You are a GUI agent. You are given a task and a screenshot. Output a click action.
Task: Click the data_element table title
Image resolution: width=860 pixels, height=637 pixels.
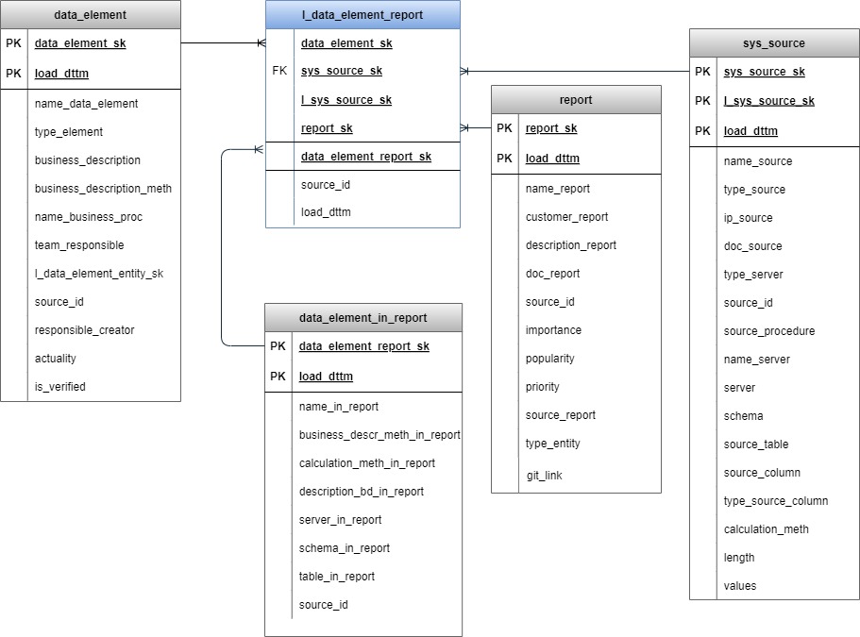click(x=90, y=15)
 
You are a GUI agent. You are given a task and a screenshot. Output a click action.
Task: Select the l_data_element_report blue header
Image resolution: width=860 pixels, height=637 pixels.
click(x=363, y=15)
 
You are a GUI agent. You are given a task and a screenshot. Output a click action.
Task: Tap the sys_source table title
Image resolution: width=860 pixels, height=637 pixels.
click(x=774, y=43)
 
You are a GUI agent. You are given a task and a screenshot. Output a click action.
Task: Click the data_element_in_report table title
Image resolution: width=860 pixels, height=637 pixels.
click(x=363, y=318)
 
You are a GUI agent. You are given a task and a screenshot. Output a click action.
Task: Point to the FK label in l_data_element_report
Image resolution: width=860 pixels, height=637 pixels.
click(x=279, y=71)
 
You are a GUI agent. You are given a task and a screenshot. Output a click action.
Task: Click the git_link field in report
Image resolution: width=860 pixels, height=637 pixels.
click(x=544, y=476)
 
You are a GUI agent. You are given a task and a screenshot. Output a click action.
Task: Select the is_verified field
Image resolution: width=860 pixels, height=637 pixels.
click(x=59, y=387)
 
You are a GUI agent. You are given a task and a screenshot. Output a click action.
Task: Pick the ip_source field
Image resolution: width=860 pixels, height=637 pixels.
click(x=748, y=218)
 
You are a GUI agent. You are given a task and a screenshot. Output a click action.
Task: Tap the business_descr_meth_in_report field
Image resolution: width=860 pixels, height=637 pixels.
click(x=379, y=435)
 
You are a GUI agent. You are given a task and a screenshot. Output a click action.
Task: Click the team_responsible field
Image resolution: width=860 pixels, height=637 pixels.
click(x=79, y=245)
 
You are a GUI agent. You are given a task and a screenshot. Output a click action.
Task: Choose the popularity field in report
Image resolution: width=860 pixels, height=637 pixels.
click(x=549, y=359)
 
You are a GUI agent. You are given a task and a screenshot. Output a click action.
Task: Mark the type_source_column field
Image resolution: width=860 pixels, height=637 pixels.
click(x=776, y=501)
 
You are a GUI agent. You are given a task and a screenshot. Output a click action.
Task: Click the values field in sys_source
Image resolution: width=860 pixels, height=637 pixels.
click(x=739, y=585)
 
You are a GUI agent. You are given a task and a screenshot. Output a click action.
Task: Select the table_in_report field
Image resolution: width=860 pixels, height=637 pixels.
click(x=337, y=577)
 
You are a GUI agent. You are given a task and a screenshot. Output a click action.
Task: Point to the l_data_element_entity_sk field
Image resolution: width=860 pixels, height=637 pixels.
click(x=99, y=274)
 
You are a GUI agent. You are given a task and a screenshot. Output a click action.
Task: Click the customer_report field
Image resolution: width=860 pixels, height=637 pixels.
click(x=566, y=217)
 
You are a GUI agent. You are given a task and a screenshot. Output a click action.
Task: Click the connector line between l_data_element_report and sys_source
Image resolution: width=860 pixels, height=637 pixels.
click(x=575, y=71)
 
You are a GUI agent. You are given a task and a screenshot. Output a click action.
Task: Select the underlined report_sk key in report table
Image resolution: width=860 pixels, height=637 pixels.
click(x=551, y=128)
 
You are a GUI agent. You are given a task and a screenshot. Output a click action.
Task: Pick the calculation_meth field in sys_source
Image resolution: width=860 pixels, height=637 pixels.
click(x=766, y=529)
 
